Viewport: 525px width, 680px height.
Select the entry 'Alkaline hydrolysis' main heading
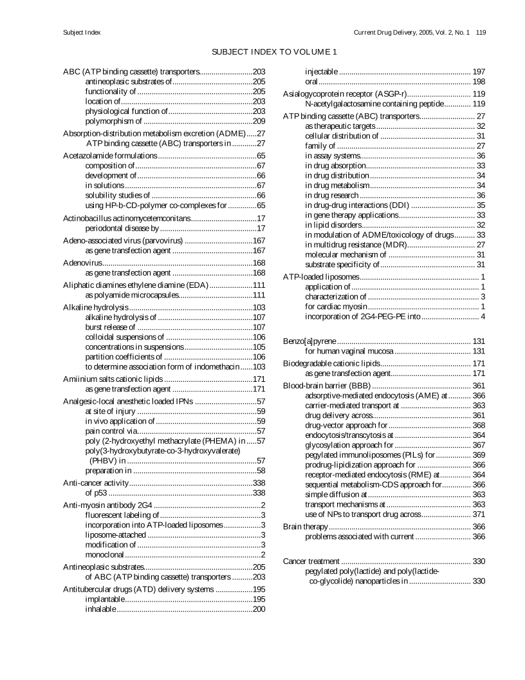pos(97,307)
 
